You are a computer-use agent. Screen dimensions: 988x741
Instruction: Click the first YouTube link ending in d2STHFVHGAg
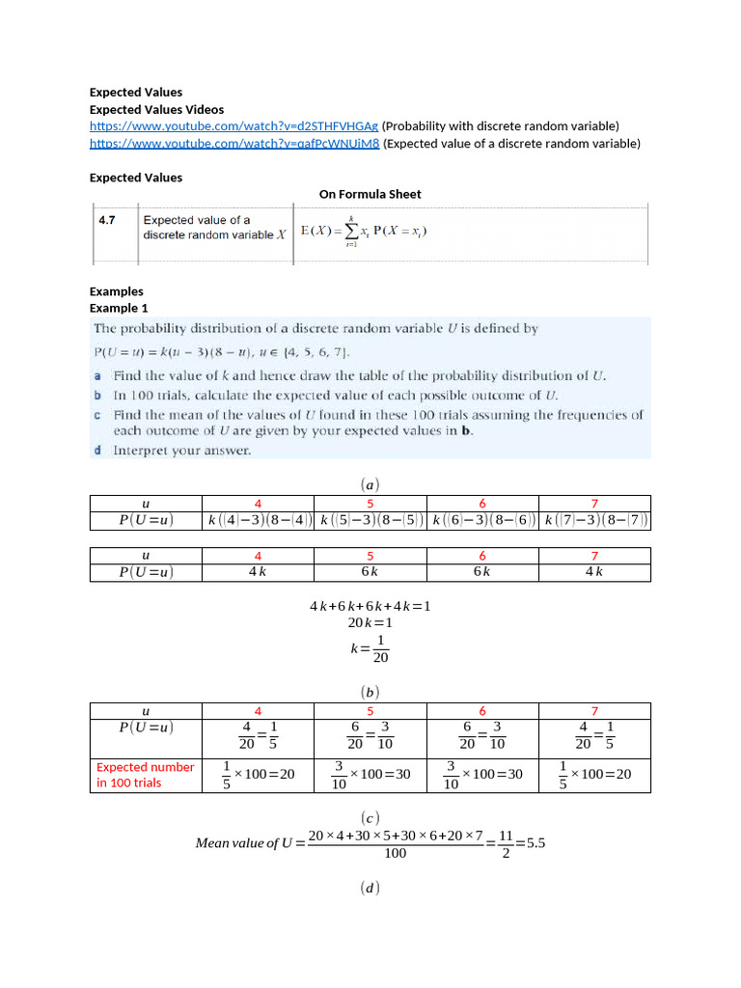(234, 126)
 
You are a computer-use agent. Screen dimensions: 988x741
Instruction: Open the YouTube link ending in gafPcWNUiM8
(234, 144)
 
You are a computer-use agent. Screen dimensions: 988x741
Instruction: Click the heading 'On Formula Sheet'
(370, 194)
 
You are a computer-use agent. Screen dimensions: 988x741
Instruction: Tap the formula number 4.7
(107, 220)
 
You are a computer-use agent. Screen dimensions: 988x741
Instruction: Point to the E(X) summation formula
(364, 231)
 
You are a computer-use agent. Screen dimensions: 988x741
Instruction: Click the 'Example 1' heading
(119, 308)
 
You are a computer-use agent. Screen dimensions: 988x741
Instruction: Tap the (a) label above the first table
(370, 482)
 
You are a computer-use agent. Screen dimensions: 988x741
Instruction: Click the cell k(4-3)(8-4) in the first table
(259, 521)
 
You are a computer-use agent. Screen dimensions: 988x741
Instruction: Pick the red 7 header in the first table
(594, 504)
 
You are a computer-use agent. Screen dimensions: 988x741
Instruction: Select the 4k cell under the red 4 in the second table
(259, 572)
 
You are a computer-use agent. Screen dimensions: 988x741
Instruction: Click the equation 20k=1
(370, 623)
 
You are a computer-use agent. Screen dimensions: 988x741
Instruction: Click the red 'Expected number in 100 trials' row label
(145, 775)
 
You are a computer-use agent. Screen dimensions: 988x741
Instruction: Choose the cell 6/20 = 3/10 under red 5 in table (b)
(370, 736)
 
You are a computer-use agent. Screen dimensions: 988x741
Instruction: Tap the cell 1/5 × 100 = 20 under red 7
(594, 775)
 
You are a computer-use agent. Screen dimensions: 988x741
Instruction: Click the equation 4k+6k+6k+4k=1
(370, 606)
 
